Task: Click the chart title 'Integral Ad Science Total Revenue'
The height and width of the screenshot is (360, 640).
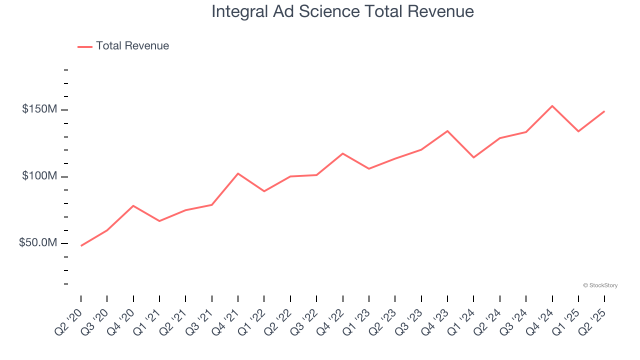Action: pos(342,11)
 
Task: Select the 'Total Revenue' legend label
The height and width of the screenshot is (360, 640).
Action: pos(132,46)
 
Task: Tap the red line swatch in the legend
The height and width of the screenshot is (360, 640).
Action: pos(85,46)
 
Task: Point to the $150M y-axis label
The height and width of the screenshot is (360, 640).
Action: pos(39,109)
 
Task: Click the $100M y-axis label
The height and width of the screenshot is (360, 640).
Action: pos(39,176)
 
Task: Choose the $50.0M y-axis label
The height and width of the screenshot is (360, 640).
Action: pos(37,243)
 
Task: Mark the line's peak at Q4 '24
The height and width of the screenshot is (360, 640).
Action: pos(552,106)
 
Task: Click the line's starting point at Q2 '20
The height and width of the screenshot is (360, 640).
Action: pos(81,245)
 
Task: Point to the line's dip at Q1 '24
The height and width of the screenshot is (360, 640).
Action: pos(473,157)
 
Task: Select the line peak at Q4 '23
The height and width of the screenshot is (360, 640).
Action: pos(447,131)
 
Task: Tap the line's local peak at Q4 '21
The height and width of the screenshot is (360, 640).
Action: pos(238,173)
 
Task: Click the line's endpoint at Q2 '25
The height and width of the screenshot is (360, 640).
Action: pos(604,111)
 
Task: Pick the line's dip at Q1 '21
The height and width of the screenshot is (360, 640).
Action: pos(159,221)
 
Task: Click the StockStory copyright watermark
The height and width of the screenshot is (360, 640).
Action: pos(600,285)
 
